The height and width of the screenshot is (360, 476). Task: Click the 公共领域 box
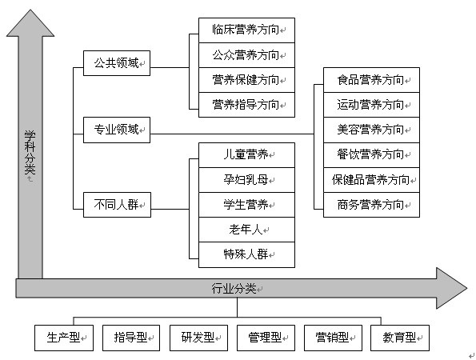pyautogui.click(x=117, y=63)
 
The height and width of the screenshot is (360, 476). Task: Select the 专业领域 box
pyautogui.click(x=117, y=130)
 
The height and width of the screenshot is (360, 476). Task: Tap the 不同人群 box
pyautogui.click(x=117, y=205)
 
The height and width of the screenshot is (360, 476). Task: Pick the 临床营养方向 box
pyautogui.click(x=246, y=30)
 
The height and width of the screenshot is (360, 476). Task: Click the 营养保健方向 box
pyautogui.click(x=246, y=80)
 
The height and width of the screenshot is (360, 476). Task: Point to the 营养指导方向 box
pyautogui.click(x=246, y=105)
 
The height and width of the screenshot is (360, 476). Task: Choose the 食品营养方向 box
pyautogui.click(x=371, y=80)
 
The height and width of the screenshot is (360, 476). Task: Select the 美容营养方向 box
pyautogui.click(x=371, y=130)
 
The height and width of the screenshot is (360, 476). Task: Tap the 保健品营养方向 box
pyautogui.click(x=371, y=180)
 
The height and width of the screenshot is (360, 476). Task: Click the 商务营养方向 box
pyautogui.click(x=371, y=205)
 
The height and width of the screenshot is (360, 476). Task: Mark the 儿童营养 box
pyautogui.click(x=246, y=155)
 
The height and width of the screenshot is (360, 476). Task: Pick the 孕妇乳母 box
pyautogui.click(x=246, y=180)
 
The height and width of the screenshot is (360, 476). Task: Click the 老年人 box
pyautogui.click(x=246, y=230)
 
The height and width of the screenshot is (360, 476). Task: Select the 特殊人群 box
pyautogui.click(x=246, y=254)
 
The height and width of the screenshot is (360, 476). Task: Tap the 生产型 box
pyautogui.click(x=64, y=338)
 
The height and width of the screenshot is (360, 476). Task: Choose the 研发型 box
pyautogui.click(x=198, y=338)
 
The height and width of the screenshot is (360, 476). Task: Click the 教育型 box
pyautogui.click(x=400, y=338)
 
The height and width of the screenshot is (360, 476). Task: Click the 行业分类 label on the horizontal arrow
pyautogui.click(x=234, y=288)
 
